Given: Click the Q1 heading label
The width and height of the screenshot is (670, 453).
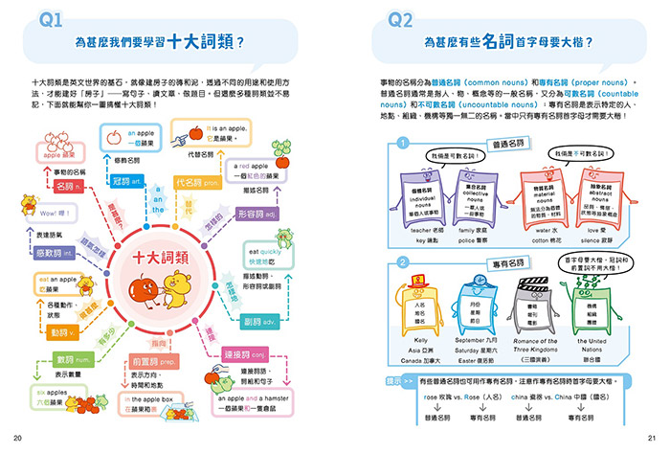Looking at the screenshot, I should click(x=48, y=21).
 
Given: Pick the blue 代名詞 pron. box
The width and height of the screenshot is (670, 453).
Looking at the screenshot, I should click(x=195, y=181).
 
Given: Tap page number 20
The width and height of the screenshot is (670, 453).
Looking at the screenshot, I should click(x=19, y=439).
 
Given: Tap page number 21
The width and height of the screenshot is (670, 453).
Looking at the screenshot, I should click(x=651, y=439).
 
